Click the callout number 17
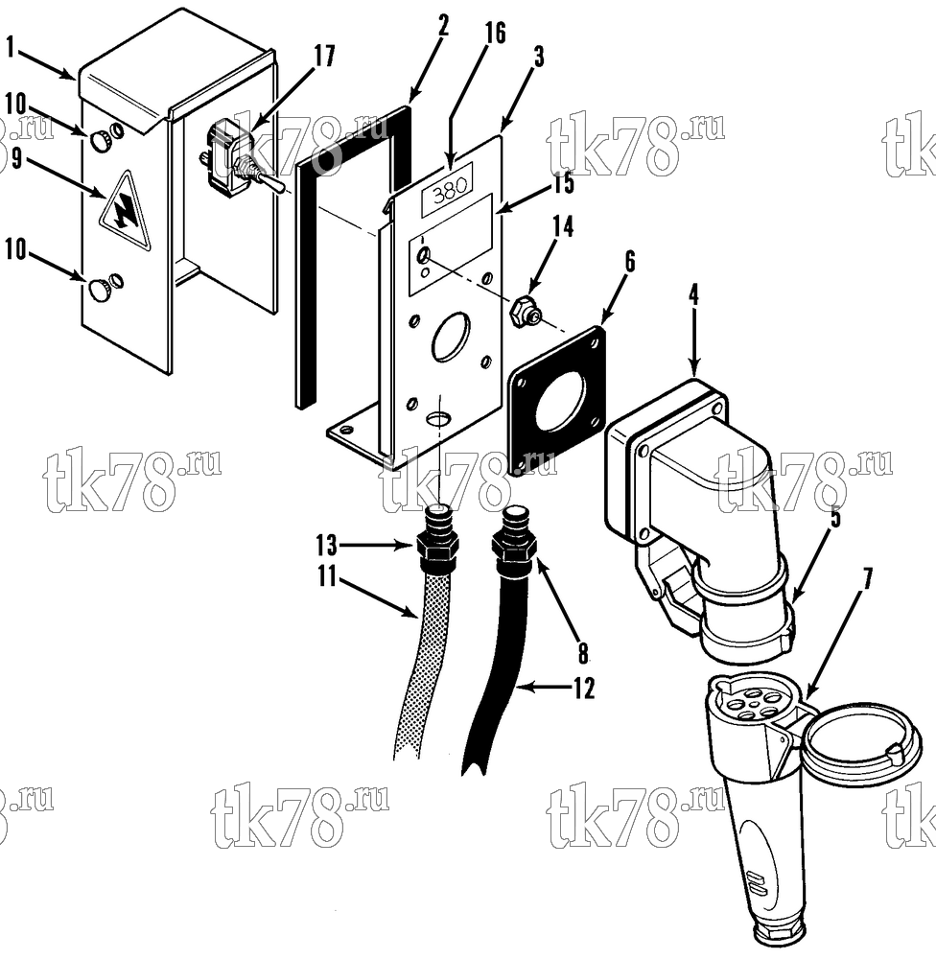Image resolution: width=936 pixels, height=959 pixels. tap(324, 56)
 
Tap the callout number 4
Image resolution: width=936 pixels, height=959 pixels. tap(693, 294)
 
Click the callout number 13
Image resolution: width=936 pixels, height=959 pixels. tap(327, 543)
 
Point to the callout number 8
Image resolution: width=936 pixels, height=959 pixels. tap(583, 653)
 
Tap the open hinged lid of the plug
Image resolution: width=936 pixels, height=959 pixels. tap(862, 741)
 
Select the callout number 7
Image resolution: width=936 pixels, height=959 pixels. tap(866, 578)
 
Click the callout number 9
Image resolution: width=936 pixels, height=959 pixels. tap(16, 159)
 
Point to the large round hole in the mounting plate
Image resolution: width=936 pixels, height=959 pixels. tap(451, 337)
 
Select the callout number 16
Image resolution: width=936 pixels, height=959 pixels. tap(495, 32)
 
